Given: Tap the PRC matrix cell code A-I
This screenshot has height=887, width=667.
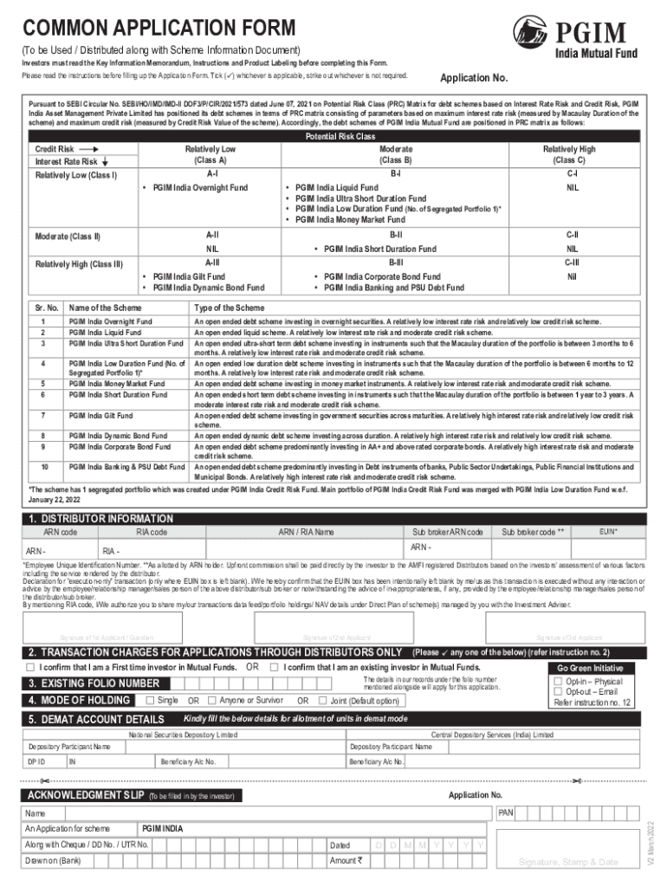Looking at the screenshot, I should pyautogui.click(x=211, y=174).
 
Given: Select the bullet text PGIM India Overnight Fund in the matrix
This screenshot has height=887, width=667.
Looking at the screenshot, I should pyautogui.click(x=200, y=187).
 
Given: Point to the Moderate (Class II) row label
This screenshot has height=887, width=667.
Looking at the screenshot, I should pyautogui.click(x=68, y=236).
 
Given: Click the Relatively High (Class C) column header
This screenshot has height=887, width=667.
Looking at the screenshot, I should pyautogui.click(x=569, y=154).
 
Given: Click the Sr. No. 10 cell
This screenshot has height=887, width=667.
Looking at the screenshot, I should pyautogui.click(x=44, y=467).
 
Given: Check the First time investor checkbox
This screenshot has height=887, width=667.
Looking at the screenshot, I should pyautogui.click(x=30, y=668).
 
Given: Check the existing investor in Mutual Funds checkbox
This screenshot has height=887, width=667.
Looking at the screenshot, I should pyautogui.click(x=274, y=668).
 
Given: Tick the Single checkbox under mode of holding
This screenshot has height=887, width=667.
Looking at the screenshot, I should pyautogui.click(x=150, y=700).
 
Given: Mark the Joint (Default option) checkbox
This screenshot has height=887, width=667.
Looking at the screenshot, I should pyautogui.click(x=323, y=701).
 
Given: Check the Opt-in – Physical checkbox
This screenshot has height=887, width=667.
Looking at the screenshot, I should pyautogui.click(x=558, y=682).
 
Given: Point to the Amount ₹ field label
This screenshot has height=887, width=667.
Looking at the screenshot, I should pyautogui.click(x=345, y=860).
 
